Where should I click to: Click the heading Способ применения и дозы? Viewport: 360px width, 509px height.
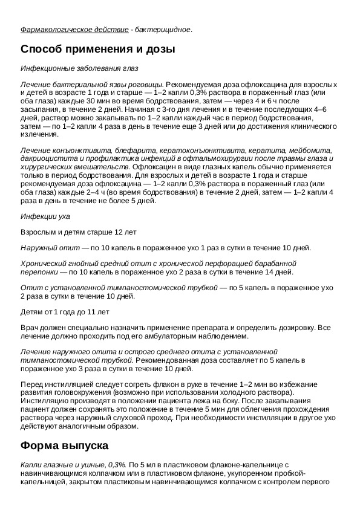coord(98,50)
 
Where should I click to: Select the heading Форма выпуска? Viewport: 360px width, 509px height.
coord(64,446)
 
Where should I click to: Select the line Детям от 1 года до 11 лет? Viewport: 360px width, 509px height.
coord(65,312)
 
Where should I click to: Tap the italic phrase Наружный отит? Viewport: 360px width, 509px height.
coord(50,248)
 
